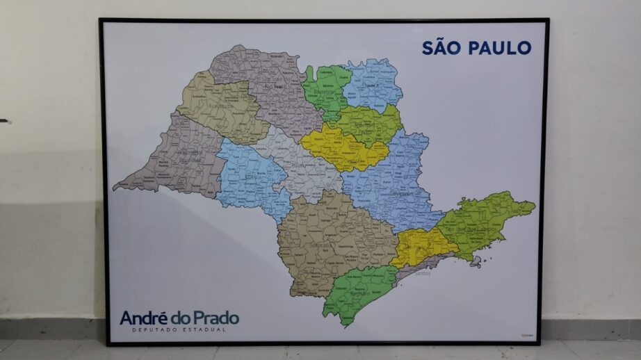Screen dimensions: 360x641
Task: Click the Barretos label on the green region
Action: [x=325, y=91]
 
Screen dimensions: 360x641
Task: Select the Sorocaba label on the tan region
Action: [x=318, y=245]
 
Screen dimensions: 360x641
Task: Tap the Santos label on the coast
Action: [x=422, y=273]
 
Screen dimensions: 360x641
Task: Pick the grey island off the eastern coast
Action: [x=476, y=261]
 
